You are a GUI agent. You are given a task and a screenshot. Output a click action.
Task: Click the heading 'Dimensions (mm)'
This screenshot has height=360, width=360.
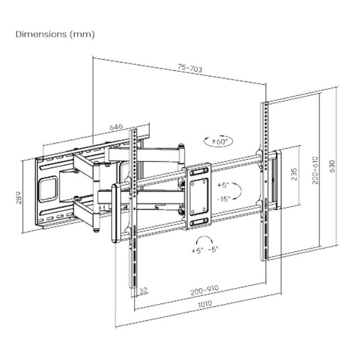[x=54, y=34]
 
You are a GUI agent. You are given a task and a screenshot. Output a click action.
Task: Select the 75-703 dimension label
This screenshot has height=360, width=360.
[x=190, y=69]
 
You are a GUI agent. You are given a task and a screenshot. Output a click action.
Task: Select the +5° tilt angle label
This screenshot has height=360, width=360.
[x=223, y=185]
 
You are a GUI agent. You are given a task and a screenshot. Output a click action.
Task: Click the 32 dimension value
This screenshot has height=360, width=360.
[x=142, y=292]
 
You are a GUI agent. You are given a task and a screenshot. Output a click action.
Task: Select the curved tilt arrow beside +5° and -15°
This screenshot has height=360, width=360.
[x=237, y=192]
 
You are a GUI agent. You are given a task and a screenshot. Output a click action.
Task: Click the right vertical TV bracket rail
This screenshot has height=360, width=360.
[x=264, y=180]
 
